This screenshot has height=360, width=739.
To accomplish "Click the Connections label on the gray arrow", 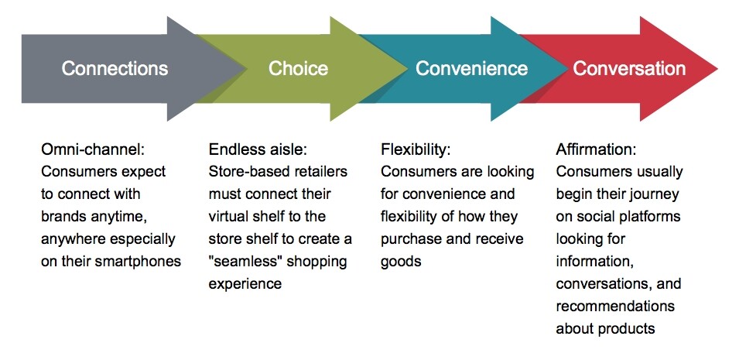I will pyautogui.click(x=115, y=68).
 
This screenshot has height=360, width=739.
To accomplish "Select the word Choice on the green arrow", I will pyautogui.click(x=298, y=68).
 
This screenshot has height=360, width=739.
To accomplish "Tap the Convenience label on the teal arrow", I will pyautogui.click(x=471, y=68).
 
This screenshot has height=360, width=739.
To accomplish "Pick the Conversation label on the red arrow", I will pyautogui.click(x=629, y=68).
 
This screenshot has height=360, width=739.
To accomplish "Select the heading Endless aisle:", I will pyautogui.click(x=256, y=149).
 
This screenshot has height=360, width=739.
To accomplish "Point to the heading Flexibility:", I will pyautogui.click(x=416, y=149).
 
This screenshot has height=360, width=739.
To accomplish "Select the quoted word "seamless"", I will pyautogui.click(x=247, y=261).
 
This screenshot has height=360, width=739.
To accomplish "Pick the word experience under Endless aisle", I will pyautogui.click(x=245, y=283).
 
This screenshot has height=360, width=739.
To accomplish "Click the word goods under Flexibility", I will pyautogui.click(x=401, y=261).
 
